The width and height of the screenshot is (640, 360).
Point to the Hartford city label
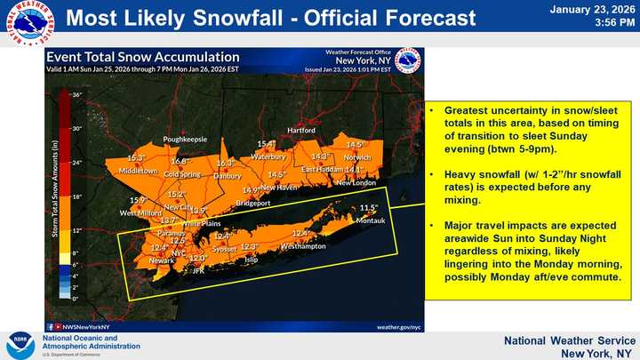(301, 131)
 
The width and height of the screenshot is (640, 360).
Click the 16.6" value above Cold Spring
(180, 161)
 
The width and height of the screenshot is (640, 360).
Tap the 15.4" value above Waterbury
(267, 144)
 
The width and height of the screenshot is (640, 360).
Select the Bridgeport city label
(253, 204)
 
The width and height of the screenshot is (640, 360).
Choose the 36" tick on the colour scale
(77, 93)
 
